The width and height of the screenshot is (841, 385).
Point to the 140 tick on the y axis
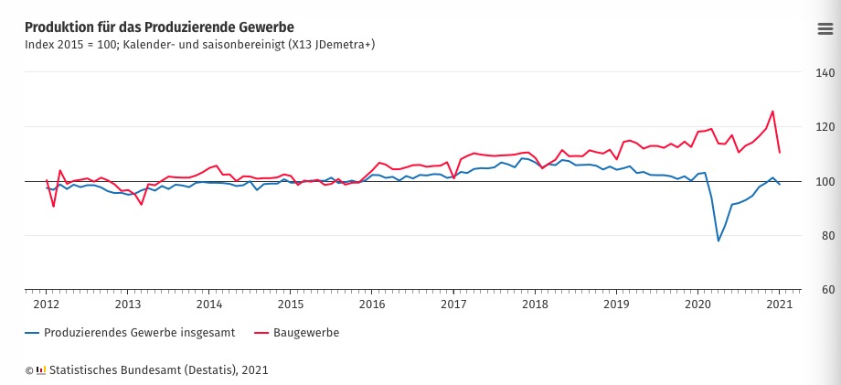tap(822, 72)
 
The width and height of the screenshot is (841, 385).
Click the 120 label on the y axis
tap(822, 127)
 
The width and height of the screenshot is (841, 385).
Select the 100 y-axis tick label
tap(822, 181)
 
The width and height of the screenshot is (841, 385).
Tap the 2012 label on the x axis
tap(47, 304)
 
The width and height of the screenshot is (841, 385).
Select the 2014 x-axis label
tap(209, 304)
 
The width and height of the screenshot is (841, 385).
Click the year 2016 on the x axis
tap(372, 304)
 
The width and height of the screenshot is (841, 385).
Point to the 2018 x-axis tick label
tap(535, 304)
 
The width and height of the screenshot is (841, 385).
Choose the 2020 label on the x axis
tap(697, 304)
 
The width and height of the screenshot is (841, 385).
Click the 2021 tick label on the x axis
tap(779, 304)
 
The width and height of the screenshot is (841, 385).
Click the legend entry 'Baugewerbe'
tap(305, 333)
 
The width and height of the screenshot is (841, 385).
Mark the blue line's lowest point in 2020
tap(719, 241)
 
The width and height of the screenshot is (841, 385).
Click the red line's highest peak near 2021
tap(772, 112)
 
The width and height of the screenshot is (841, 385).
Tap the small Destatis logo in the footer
tap(41, 369)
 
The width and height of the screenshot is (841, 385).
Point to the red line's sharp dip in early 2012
tap(53, 206)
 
